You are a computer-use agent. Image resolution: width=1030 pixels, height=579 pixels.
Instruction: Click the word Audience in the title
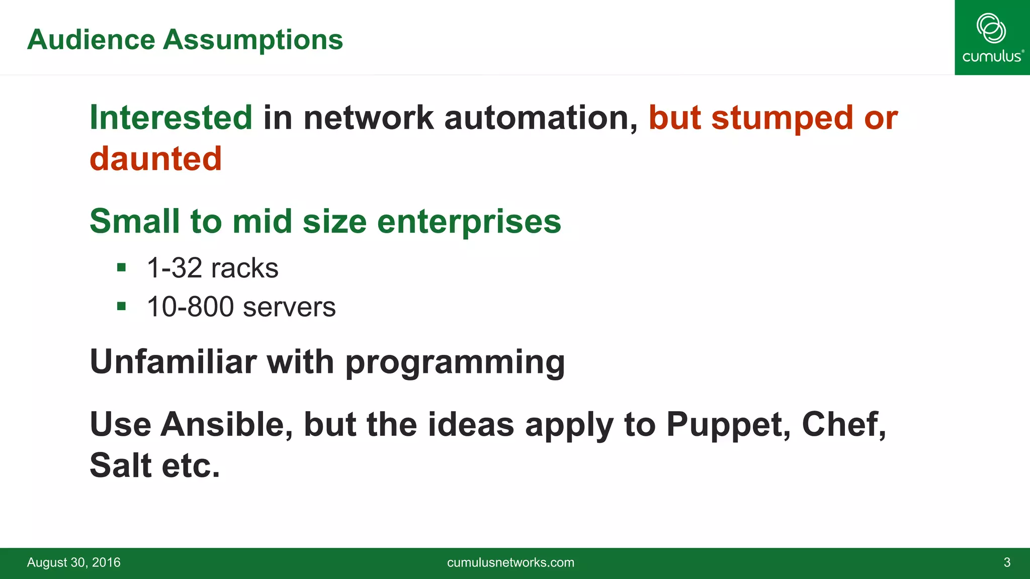91,40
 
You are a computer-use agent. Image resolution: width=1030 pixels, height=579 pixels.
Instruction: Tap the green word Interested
171,118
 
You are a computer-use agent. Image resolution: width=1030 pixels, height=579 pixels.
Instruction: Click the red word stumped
782,118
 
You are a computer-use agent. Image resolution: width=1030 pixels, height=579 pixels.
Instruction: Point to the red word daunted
156,159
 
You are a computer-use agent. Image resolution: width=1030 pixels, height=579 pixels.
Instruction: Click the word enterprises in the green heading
469,222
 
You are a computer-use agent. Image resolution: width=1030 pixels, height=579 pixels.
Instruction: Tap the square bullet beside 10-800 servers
121,306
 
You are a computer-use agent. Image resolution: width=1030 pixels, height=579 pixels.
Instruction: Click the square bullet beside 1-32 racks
121,267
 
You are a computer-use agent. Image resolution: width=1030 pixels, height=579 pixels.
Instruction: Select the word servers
289,307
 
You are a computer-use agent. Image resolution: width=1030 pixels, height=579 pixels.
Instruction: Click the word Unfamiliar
173,361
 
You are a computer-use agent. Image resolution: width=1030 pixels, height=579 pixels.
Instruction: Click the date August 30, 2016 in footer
74,562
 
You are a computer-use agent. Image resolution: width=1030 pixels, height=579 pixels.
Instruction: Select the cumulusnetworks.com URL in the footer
510,562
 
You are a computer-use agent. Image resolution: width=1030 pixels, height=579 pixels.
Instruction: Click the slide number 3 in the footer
1007,562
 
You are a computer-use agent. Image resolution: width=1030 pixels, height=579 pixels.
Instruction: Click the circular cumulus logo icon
991,28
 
